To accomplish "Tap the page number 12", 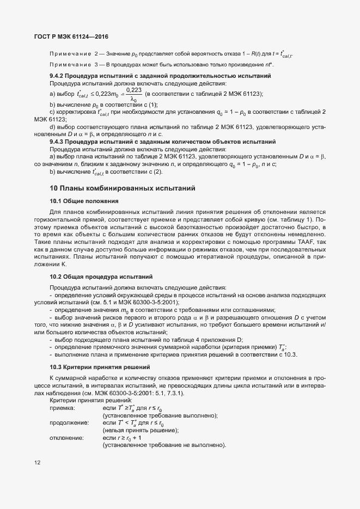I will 37,463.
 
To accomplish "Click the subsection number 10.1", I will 56,201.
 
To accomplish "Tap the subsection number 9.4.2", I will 58,76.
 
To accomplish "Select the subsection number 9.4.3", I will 58,141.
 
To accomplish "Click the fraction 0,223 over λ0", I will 133,94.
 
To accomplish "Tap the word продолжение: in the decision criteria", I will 69,423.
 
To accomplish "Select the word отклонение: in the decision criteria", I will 66,438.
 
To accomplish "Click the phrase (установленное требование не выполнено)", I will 164,445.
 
